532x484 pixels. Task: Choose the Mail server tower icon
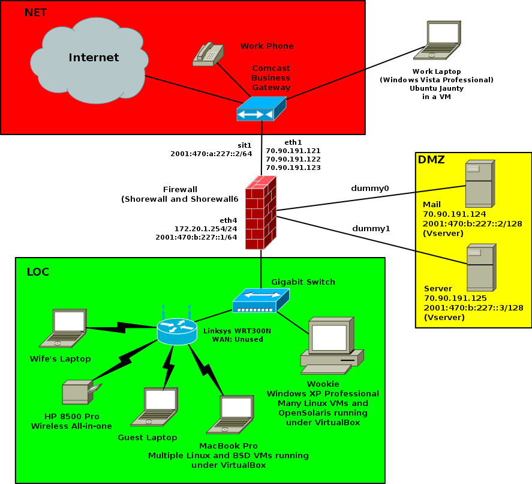[480, 184]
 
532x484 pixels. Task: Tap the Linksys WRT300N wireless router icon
[176, 330]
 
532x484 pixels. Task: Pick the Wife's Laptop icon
[63, 329]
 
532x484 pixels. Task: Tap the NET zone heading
[35, 13]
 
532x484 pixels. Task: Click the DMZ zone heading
[431, 160]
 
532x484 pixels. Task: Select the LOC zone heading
[38, 272]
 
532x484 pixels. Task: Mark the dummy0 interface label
[370, 189]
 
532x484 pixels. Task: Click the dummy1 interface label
[371, 228]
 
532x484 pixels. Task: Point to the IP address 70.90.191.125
[455, 298]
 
